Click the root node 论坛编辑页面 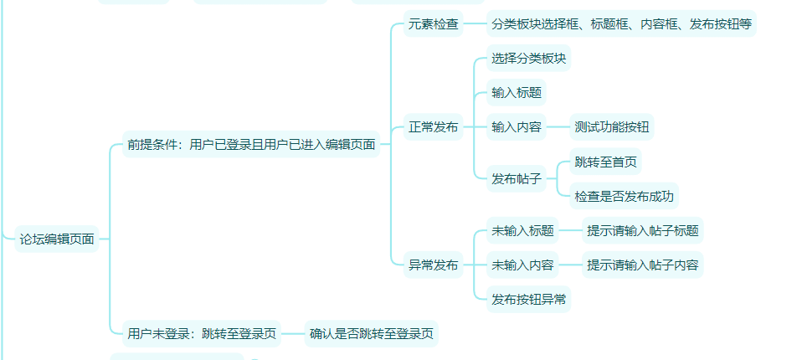coord(57,239)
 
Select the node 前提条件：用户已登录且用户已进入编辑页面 coord(251,144)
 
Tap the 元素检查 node coord(433,23)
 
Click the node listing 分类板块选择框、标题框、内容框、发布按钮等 coord(621,23)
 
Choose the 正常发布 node coord(433,127)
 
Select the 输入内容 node coord(517,127)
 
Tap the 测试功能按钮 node coord(612,127)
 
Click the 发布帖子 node coord(517,178)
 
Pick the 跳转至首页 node coord(606,161)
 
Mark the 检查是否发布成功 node coord(624,197)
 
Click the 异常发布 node coord(433,265)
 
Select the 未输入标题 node coord(522,230)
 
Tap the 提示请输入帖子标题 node coord(642,230)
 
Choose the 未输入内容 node coord(522,265)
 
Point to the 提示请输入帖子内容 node coord(642,265)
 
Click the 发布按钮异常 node coord(529,299)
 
